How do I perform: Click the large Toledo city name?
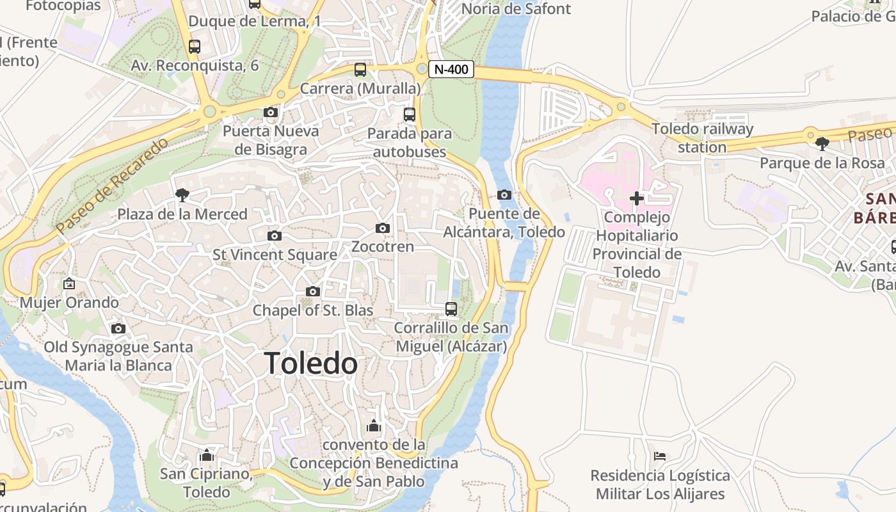coord(311,364)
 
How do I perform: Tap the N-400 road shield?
coord(451,69)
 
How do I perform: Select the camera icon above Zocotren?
coord(383,228)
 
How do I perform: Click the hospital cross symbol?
coord(637,198)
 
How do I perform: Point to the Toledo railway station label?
coord(702,138)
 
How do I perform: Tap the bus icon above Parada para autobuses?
coord(410,115)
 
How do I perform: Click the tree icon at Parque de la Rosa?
coord(822,144)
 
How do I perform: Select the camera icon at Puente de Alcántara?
coord(504,195)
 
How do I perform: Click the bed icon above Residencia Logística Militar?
coord(660,456)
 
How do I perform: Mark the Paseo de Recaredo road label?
coord(111,185)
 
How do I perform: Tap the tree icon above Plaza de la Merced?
coord(182,195)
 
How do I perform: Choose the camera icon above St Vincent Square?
coord(275,236)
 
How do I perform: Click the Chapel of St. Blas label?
coord(312,310)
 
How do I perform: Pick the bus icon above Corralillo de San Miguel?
coord(451,309)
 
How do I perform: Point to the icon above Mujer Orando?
coord(69,284)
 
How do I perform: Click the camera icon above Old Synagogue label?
coord(118,329)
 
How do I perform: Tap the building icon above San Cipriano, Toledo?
coord(206,455)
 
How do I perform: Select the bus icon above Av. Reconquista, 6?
coord(195,47)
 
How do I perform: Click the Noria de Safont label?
coord(516,9)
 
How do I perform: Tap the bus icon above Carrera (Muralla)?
coord(360,70)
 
